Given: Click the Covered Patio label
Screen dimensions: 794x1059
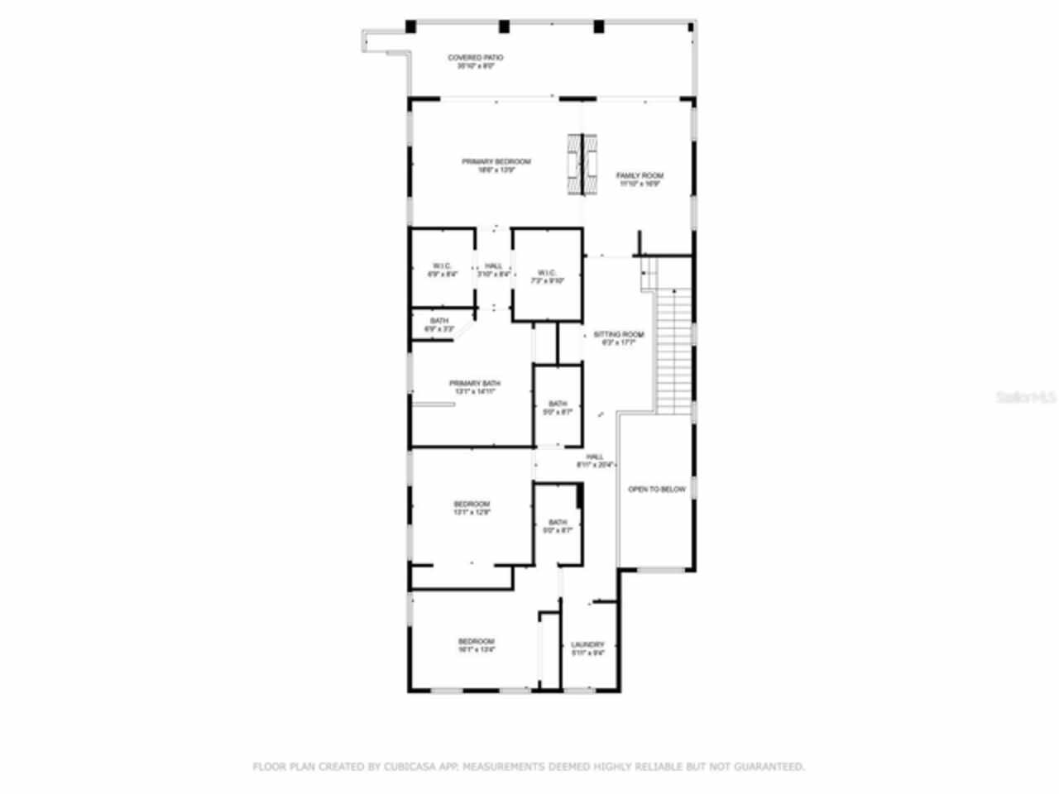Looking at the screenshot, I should point(475,58).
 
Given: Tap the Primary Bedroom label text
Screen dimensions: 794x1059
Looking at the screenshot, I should point(496,162).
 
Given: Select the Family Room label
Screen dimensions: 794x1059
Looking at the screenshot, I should point(640,176).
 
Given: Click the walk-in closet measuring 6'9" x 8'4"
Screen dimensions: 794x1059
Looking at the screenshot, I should point(442,270).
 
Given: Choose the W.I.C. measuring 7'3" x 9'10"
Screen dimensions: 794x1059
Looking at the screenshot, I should point(547,276).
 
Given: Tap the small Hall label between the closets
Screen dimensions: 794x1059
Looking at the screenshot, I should point(494,266).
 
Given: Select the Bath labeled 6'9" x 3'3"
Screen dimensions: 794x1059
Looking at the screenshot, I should point(439,324).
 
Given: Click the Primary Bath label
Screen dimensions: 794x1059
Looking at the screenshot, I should point(474,384).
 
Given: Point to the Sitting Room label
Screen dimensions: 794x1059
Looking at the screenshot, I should point(618,335).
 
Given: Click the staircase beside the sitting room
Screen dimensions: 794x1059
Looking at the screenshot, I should point(673,347).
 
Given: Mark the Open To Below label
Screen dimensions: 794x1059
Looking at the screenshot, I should point(656,490).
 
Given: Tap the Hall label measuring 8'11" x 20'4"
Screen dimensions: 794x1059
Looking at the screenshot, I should point(595,457).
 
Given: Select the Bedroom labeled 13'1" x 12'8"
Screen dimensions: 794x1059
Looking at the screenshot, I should point(472,505).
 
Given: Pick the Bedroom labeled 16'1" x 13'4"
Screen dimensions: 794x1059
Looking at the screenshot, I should point(477,642).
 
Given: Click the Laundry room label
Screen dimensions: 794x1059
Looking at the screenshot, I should point(587,645).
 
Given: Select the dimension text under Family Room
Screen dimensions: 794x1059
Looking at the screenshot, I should point(640,184).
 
